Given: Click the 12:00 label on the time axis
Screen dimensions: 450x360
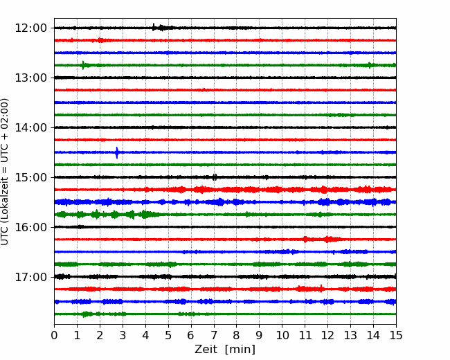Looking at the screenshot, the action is [30, 28].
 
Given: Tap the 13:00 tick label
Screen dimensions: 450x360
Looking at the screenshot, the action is [30, 78].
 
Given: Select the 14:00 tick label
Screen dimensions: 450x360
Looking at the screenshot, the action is [30, 127].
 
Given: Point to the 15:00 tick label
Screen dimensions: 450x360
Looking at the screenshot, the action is [30, 177].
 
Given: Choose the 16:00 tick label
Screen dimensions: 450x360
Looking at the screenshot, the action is [30, 227].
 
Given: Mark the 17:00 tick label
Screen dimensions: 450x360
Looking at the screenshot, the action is [30, 277].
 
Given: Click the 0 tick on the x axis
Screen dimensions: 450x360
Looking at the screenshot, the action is [54, 335].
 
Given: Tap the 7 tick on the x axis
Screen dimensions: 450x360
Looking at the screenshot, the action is [214, 335].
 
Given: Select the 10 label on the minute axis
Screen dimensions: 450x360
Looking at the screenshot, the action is [282, 335].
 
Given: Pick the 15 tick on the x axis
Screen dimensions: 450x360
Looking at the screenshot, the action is [396, 335].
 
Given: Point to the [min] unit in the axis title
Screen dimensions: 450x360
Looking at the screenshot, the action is [240, 350].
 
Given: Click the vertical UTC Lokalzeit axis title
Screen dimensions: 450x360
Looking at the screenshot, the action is [5, 172].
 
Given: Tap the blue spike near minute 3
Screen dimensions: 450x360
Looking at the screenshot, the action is [117, 152].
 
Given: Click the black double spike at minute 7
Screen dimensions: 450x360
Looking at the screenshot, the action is [215, 177].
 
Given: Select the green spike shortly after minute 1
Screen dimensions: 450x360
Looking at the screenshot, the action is [83, 65].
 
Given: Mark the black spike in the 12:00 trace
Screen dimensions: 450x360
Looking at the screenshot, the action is [154, 27].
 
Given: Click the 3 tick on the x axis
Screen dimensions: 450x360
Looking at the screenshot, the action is [123, 335].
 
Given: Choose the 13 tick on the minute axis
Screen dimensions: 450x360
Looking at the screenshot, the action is [350, 335].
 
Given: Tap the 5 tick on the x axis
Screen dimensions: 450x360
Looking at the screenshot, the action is [168, 335].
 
